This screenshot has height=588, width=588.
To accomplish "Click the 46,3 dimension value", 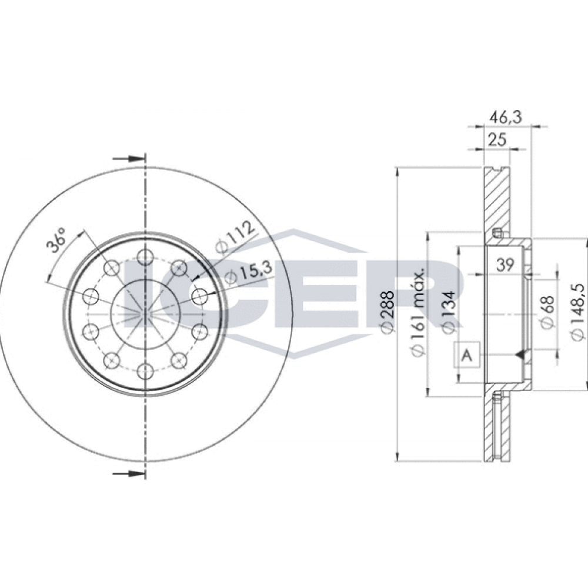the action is coord(506,117).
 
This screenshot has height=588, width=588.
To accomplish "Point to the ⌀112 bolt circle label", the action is coord(235,237).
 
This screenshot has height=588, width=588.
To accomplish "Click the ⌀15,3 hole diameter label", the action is coord(248,276).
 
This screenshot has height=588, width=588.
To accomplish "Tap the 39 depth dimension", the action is coord(505,265).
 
